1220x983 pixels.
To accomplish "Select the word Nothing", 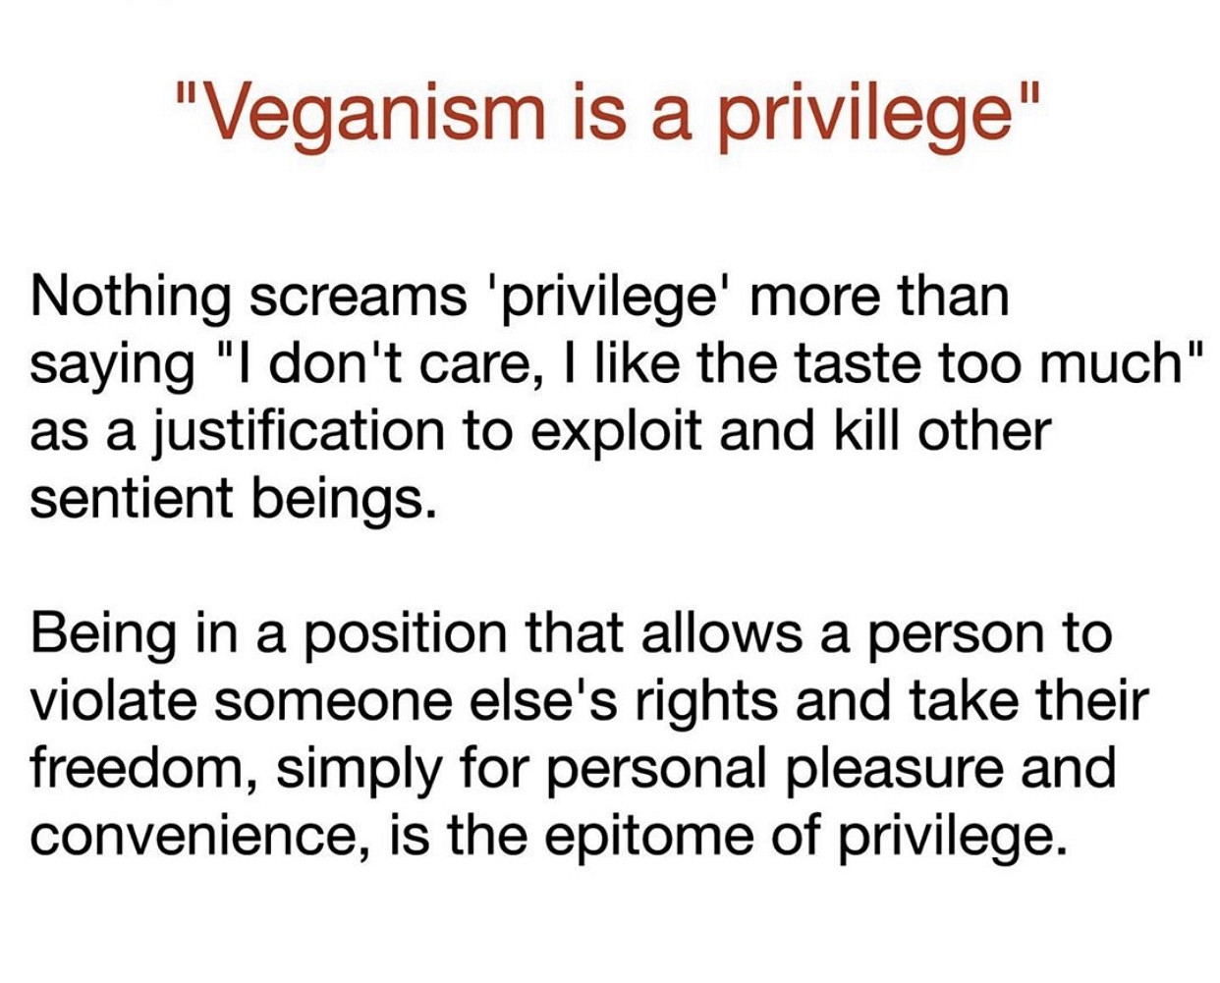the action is coord(131,300).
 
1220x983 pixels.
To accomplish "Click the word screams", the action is coord(358,303).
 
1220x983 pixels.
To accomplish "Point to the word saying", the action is coord(112,365).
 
